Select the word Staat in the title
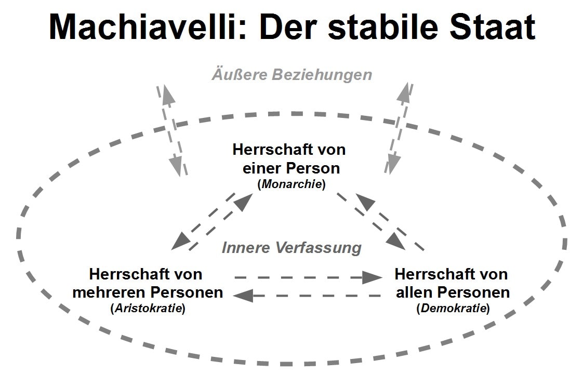coord(492,27)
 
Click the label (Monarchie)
coord(291,184)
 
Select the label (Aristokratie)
coord(148,308)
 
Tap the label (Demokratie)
coord(453,308)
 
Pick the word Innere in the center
coord(245,248)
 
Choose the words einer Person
coord(291,168)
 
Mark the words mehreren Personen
coord(148,292)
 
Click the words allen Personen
coord(453,292)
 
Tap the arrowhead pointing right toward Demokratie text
coord(372,277)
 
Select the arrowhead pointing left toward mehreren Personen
coord(244,296)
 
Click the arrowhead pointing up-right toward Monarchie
coord(244,202)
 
